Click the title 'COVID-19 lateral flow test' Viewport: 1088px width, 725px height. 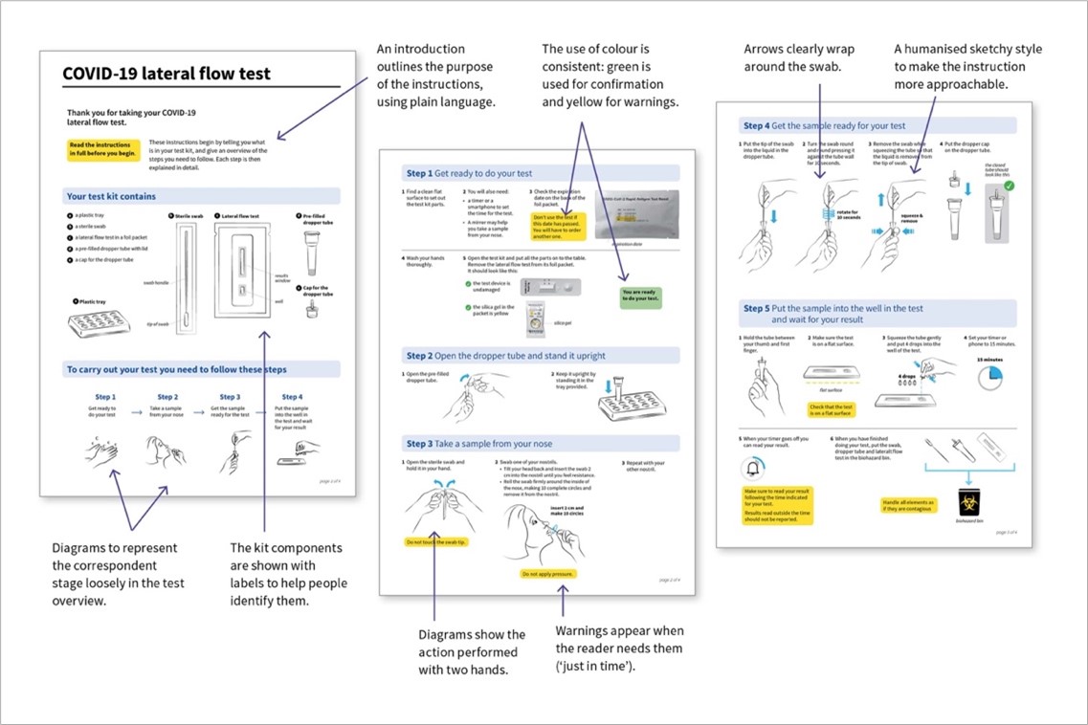(166, 74)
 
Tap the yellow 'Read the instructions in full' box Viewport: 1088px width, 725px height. (102, 148)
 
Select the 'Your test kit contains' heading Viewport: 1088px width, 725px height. (110, 196)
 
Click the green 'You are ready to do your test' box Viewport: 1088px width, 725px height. (640, 296)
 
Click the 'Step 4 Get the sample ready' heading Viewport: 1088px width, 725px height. (824, 125)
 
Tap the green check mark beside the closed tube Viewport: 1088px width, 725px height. (1009, 185)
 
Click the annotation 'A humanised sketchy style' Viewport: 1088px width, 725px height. (967, 66)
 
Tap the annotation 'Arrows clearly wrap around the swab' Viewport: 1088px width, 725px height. (799, 57)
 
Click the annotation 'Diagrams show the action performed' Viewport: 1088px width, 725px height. (472, 652)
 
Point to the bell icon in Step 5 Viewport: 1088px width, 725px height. (753, 468)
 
